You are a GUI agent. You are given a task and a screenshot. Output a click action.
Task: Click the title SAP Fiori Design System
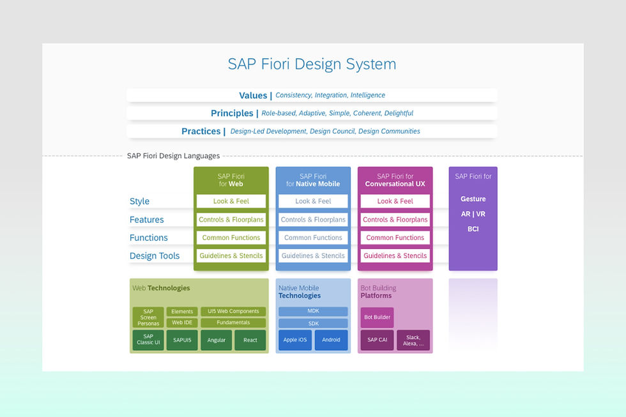point(312,64)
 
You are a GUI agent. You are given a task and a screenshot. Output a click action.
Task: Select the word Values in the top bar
point(253,95)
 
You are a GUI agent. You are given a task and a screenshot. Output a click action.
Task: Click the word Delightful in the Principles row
point(397,113)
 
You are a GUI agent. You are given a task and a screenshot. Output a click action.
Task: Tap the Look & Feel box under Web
point(231,201)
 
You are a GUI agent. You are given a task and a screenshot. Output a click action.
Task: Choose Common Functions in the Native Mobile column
point(313,238)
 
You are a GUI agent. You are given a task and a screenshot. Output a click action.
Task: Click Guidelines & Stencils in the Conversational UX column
point(395,255)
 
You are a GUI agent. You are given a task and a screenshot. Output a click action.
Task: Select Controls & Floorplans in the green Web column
point(231,220)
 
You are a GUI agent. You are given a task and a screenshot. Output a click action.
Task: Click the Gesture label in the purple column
point(473,199)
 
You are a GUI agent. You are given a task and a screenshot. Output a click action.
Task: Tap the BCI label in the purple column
point(473,229)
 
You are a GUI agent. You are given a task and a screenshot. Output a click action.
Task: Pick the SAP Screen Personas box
point(148,317)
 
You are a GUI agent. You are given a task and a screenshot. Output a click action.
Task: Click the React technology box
point(250,340)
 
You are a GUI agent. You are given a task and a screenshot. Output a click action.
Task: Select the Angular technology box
point(217,340)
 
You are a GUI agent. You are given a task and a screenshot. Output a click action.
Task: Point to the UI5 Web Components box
point(233,312)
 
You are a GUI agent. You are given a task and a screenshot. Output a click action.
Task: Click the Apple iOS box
point(295,340)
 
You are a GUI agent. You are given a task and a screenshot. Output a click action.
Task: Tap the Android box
point(331,340)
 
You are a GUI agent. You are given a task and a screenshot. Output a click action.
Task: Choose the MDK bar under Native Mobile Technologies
point(313,312)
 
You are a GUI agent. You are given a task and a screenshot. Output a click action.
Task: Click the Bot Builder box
point(377,317)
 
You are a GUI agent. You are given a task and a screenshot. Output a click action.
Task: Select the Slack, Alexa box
point(413,340)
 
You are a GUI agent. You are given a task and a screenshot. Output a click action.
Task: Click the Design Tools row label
point(155,255)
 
